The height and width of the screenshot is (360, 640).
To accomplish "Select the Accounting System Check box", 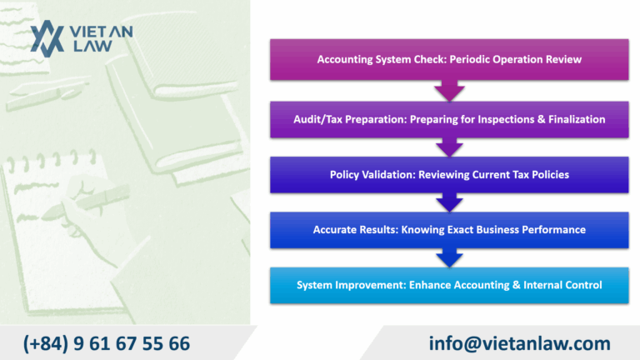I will [449, 60].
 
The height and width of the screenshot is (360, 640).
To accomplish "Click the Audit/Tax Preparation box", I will [449, 119].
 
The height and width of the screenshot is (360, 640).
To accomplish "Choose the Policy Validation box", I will [449, 174].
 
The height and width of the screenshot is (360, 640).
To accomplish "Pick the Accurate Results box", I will [449, 229].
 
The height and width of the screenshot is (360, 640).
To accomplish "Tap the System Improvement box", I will [449, 285].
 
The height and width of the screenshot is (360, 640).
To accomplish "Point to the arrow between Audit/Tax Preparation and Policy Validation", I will [449, 147].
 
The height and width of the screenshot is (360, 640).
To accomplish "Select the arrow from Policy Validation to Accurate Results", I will [449, 202].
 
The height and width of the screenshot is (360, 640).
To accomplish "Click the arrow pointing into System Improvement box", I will [449, 258].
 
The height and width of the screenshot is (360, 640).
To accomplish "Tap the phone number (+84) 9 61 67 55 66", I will [107, 342].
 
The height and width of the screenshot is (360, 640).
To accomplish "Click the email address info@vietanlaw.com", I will [520, 342].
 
